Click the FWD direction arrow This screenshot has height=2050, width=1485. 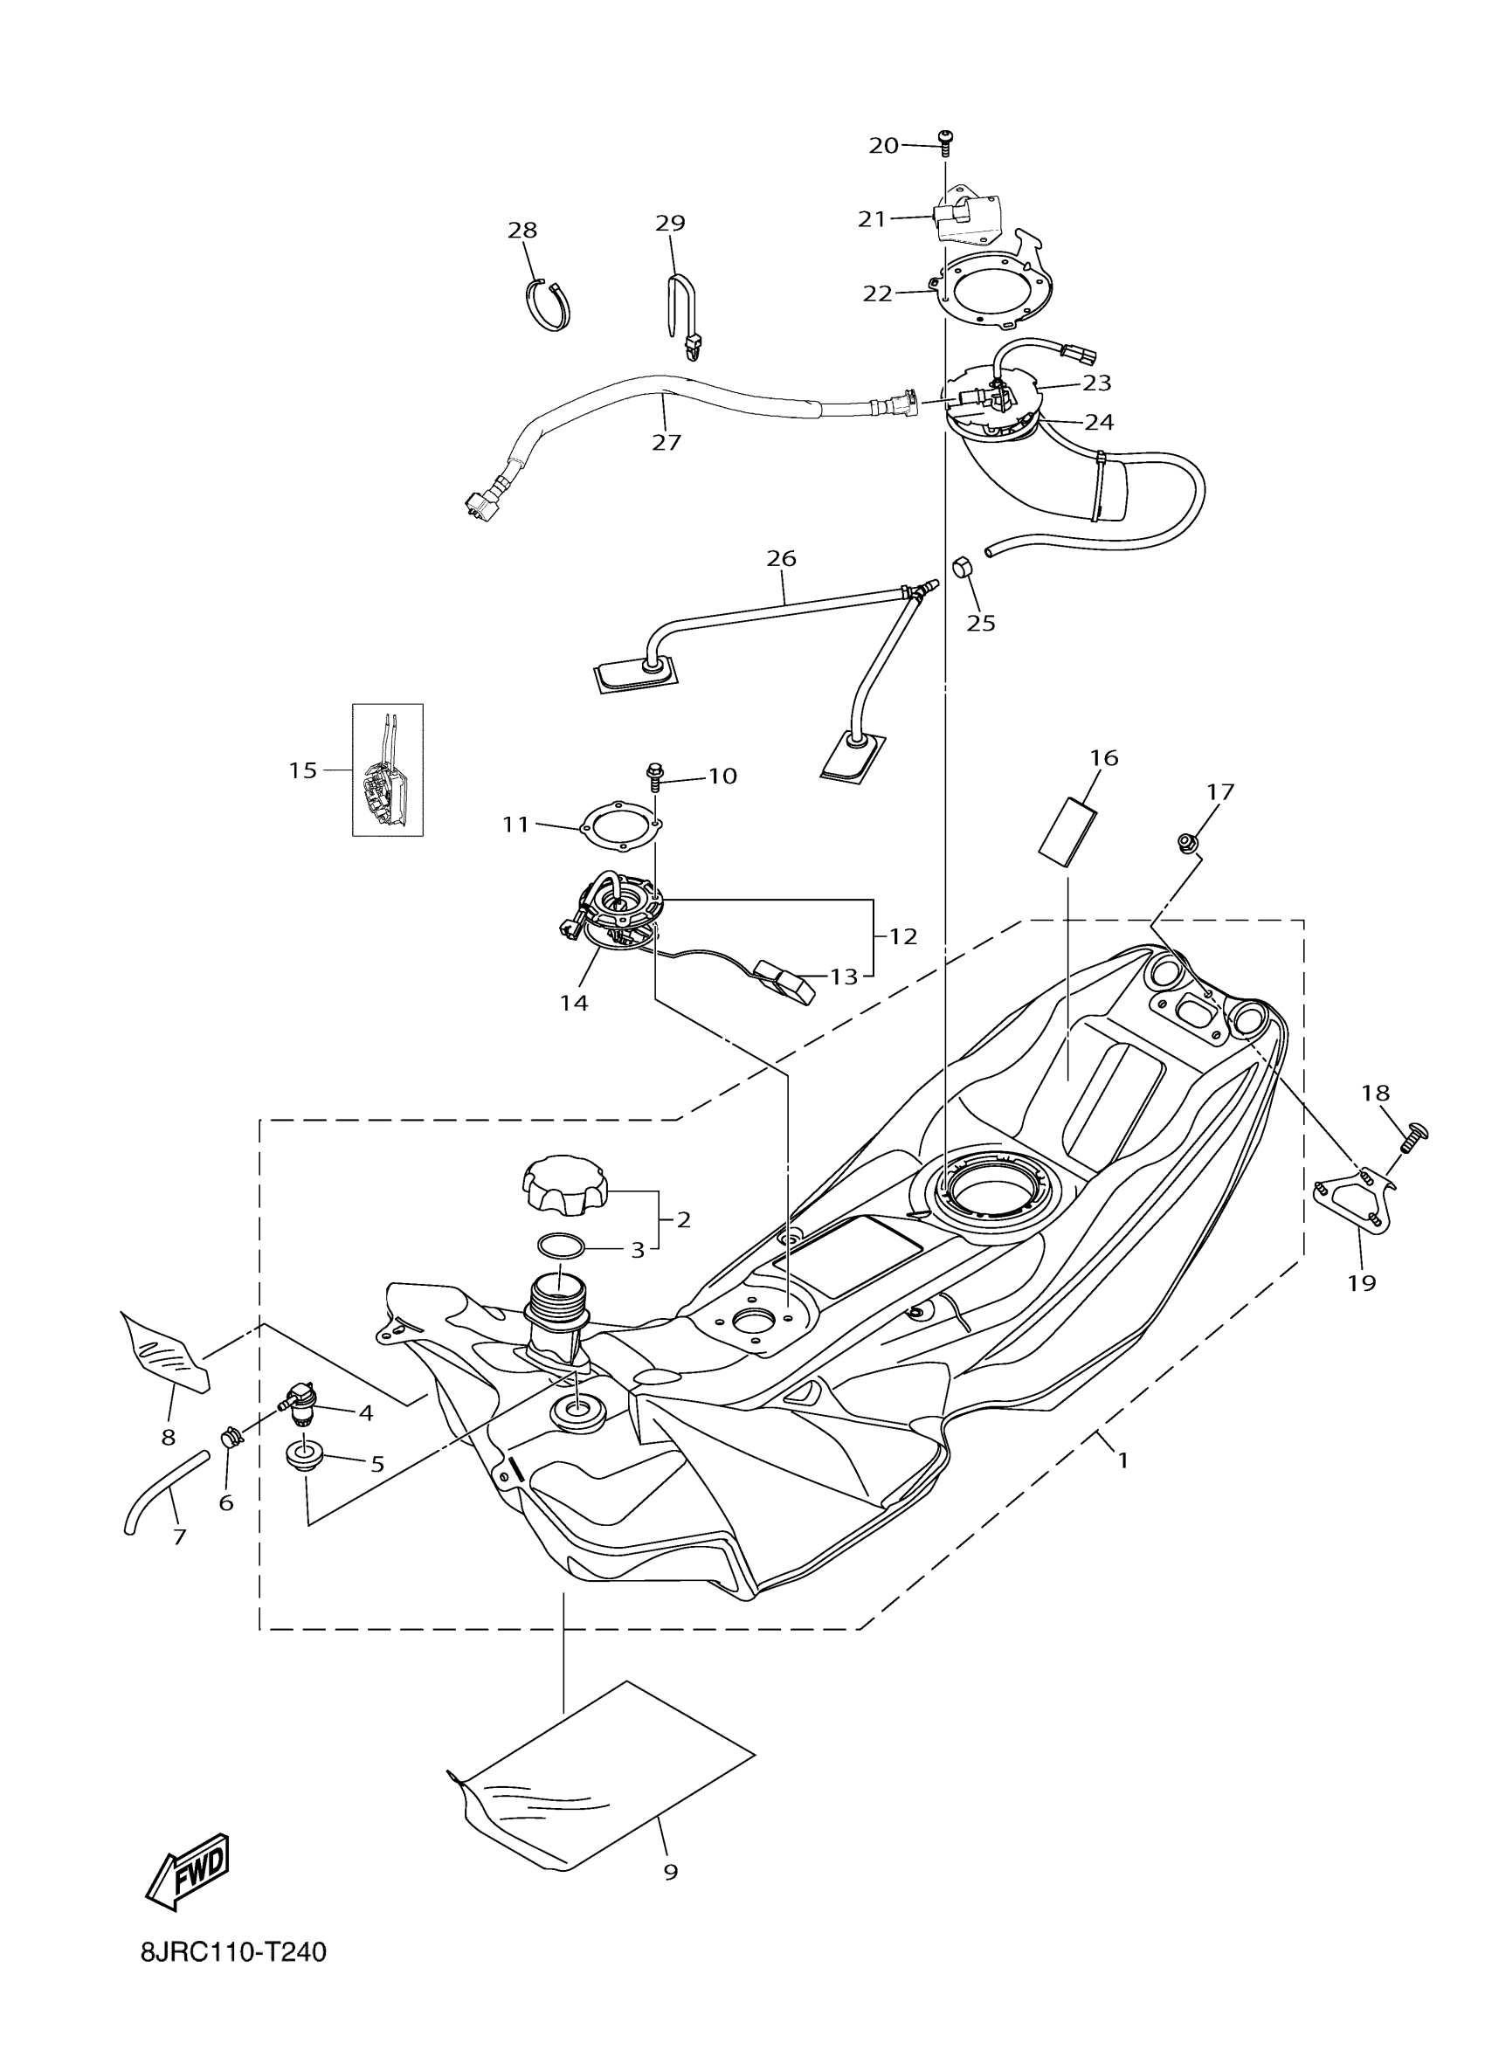tap(188, 1877)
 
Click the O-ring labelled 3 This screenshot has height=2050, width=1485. tap(562, 1246)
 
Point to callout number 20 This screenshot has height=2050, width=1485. tap(883, 145)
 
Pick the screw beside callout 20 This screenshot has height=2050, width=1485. tap(944, 141)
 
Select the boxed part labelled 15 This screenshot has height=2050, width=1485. tap(387, 770)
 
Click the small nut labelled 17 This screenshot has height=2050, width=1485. tap(1187, 842)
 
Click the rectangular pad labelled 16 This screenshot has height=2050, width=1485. tap(1067, 828)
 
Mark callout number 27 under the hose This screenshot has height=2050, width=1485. tap(667, 442)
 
